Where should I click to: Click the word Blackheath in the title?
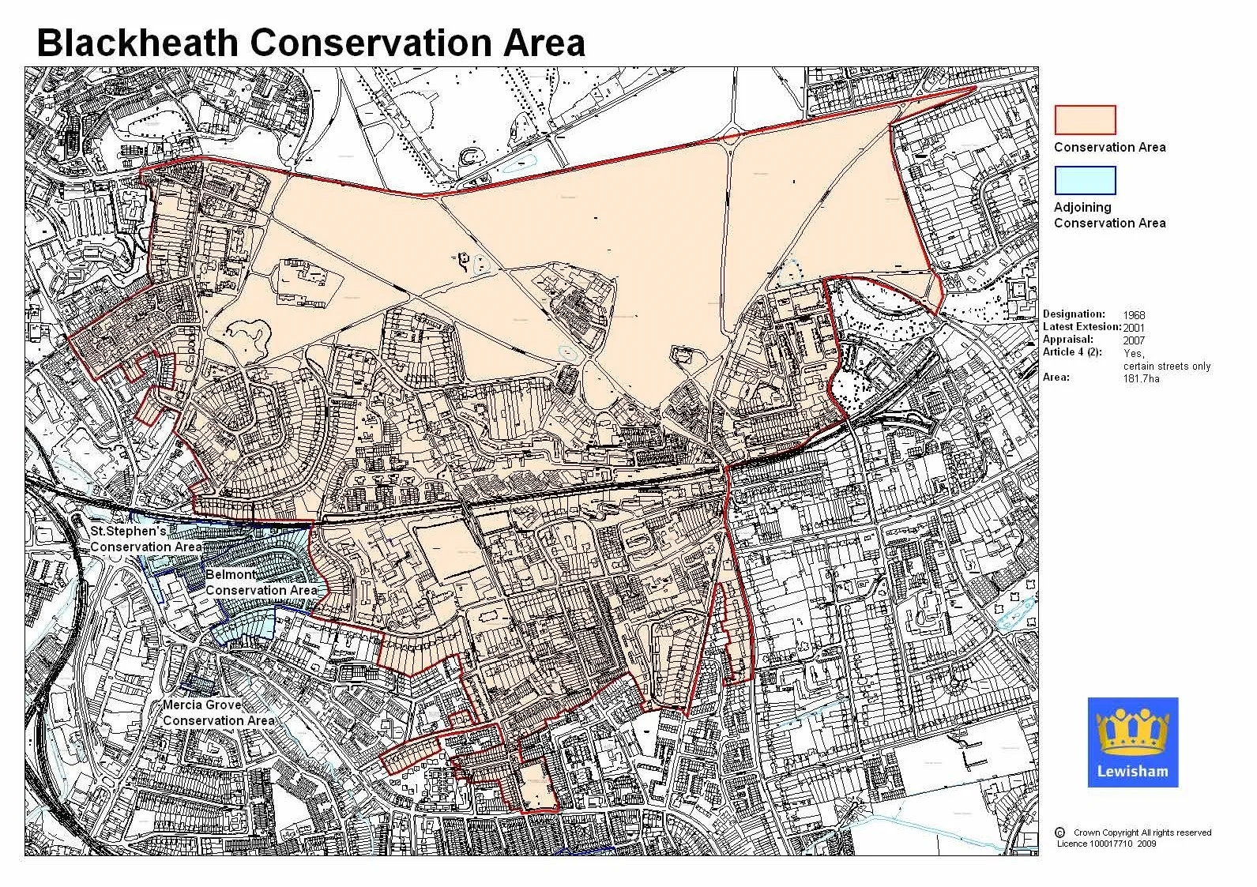pyautogui.click(x=137, y=43)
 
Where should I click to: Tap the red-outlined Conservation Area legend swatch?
pyautogui.click(x=1085, y=120)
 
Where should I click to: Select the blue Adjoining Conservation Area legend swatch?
pyautogui.click(x=1085, y=180)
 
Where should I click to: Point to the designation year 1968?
pyautogui.click(x=1134, y=314)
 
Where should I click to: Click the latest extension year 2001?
pyautogui.click(x=1134, y=327)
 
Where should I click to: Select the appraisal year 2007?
pyautogui.click(x=1134, y=340)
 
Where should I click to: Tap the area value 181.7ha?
pyautogui.click(x=1142, y=378)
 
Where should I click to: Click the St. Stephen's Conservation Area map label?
pyautogui.click(x=145, y=539)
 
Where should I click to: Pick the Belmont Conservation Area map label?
pyautogui.click(x=261, y=582)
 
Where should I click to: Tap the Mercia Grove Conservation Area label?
pyautogui.click(x=218, y=712)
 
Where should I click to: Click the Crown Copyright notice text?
pyautogui.click(x=1142, y=833)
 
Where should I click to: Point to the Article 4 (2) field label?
pyautogui.click(x=1072, y=352)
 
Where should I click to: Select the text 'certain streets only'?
pyautogui.click(x=1167, y=366)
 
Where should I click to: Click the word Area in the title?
pyautogui.click(x=545, y=43)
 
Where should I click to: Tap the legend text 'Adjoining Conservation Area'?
pyautogui.click(x=1109, y=215)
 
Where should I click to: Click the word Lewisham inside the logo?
pyautogui.click(x=1132, y=772)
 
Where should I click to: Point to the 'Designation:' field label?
pyautogui.click(x=1074, y=314)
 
